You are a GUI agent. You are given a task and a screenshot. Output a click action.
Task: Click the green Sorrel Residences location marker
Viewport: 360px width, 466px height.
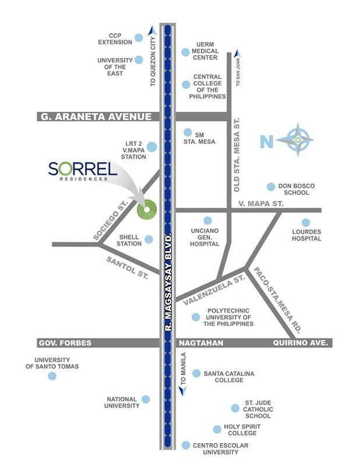click(x=146, y=209)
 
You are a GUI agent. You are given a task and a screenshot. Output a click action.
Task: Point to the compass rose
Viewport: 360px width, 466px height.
click(x=298, y=140)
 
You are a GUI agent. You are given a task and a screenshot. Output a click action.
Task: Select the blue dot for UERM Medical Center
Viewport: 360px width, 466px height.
click(x=185, y=52)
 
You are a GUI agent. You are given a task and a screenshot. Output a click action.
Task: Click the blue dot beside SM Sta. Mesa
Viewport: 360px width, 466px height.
click(x=188, y=133)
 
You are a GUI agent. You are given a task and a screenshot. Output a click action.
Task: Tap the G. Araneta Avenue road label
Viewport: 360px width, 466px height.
click(x=96, y=116)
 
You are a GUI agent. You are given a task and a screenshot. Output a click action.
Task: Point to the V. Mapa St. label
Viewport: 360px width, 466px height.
click(x=261, y=204)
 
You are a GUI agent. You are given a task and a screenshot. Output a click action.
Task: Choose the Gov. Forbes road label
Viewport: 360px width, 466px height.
click(x=65, y=343)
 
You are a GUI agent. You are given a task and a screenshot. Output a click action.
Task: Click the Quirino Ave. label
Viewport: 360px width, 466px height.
click(x=301, y=343)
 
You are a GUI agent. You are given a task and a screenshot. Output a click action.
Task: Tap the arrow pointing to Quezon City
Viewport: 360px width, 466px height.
click(x=153, y=31)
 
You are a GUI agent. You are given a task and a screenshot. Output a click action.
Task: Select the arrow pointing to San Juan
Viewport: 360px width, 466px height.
click(x=237, y=55)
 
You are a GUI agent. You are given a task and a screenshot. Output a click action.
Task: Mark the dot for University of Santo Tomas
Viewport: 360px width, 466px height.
click(x=52, y=376)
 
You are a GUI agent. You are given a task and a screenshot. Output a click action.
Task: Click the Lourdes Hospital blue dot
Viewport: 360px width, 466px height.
click(x=306, y=223)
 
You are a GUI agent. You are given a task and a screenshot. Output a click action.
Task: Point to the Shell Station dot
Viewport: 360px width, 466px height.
click(x=149, y=239)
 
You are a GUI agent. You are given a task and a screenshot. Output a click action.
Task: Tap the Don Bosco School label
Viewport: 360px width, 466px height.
click(x=297, y=189)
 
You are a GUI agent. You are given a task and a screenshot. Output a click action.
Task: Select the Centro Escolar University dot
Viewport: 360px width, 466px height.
click(x=185, y=445)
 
